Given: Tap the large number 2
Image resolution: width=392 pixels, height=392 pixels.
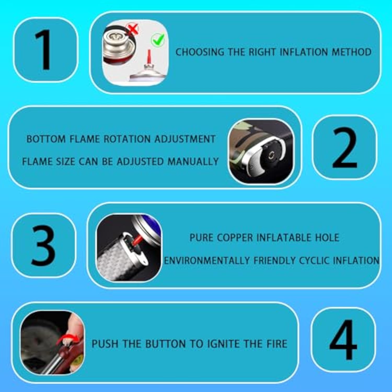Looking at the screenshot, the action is (344, 147).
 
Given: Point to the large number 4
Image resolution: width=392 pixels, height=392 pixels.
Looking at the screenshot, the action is (343, 339).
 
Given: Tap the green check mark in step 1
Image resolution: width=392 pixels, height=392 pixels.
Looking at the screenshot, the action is (158, 40).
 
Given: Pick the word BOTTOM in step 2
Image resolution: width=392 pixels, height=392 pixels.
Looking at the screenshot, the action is (46, 139).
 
